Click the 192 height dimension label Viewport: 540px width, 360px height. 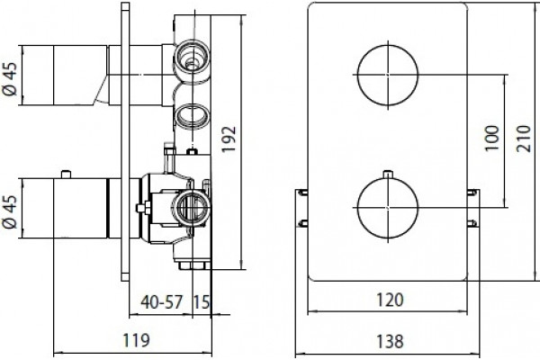229,139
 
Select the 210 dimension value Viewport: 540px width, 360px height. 524,139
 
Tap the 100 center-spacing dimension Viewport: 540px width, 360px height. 492,138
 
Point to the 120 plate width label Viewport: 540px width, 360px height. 390,300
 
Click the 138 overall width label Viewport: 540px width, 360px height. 390,341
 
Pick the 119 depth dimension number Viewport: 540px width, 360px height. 137,340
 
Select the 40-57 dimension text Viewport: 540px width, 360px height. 161,302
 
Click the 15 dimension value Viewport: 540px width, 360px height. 201,302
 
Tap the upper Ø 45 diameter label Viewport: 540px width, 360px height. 10,79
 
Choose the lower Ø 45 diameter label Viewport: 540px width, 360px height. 10,211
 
